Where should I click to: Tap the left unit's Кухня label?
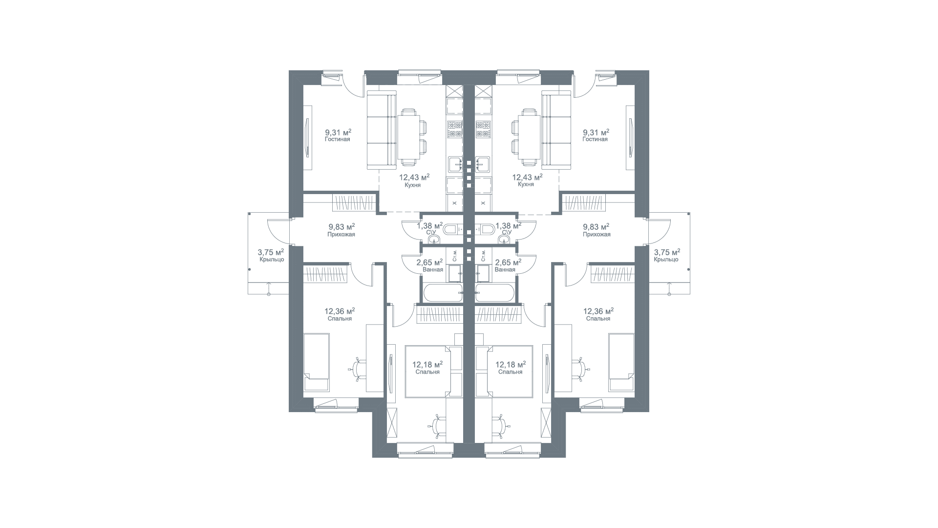413,185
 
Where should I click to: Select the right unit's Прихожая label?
597,234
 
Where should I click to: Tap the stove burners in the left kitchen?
455,129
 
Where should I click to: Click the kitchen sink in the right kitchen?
483,165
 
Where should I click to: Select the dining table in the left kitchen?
408,136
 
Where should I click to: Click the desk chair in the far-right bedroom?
579,369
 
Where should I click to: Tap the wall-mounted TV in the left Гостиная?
307,137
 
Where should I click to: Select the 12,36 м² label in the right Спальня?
598,311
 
